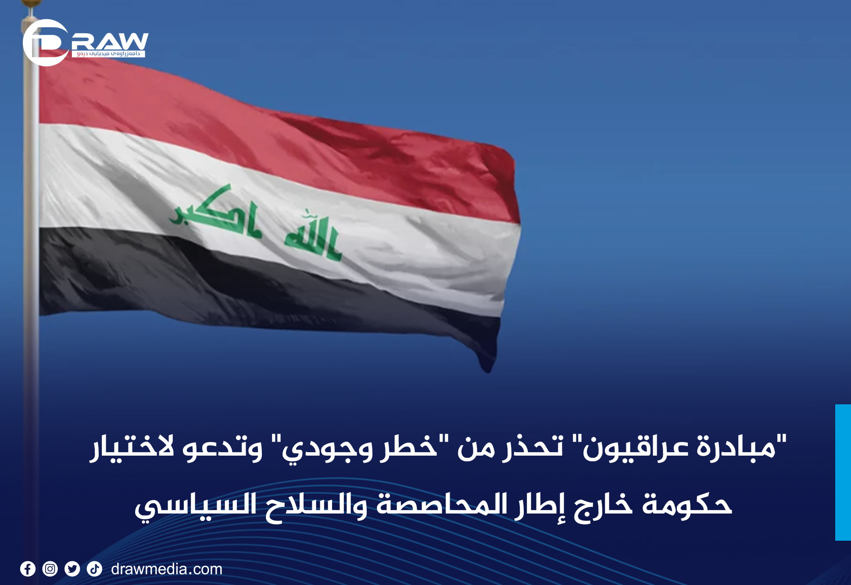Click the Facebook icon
[x=28, y=569]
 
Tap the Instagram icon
[x=50, y=569]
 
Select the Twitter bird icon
[x=72, y=569]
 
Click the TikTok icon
[x=94, y=569]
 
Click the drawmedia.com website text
[x=167, y=569]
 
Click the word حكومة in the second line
[x=687, y=504]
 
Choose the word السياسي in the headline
[x=196, y=507]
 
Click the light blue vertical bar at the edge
[x=843, y=472]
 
